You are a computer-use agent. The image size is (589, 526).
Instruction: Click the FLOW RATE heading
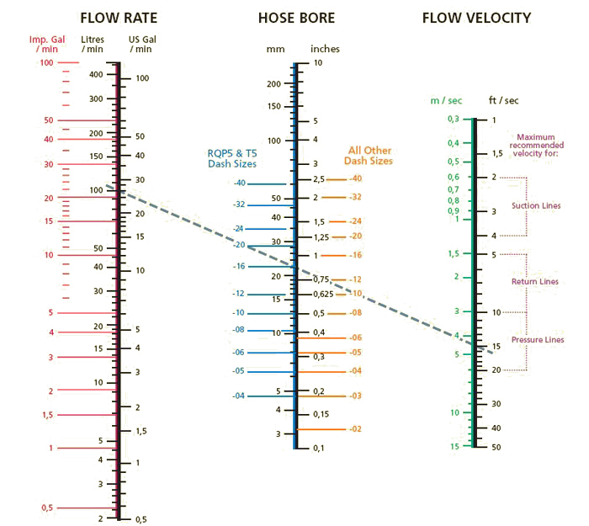[x=119, y=18]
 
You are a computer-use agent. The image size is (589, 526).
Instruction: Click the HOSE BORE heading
[x=296, y=18]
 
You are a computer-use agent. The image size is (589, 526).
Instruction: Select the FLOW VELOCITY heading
[x=477, y=18]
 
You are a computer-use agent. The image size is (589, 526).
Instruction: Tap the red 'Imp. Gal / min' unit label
[x=46, y=45]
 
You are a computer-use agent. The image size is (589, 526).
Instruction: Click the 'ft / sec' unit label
[x=503, y=100]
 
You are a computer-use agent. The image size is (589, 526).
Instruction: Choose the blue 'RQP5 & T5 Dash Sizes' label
[x=232, y=158]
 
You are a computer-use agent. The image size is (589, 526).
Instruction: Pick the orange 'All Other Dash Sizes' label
[x=369, y=156]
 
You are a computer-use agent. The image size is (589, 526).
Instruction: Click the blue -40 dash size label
[x=240, y=183]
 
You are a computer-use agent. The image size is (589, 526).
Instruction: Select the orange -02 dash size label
[x=355, y=429]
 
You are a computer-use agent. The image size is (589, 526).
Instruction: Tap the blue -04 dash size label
[x=240, y=396]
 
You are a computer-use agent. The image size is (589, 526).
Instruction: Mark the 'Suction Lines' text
[x=536, y=205]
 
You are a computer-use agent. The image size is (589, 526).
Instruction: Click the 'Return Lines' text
[x=535, y=281]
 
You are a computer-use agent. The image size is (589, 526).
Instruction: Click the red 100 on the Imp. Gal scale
[x=45, y=63]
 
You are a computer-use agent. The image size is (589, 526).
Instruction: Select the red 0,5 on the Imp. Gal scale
[x=46, y=507]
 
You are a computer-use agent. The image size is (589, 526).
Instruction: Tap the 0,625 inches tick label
[x=324, y=294]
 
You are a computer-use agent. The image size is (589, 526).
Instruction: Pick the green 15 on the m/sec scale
[x=454, y=447]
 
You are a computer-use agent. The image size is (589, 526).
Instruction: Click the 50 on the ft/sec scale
[x=496, y=447]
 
